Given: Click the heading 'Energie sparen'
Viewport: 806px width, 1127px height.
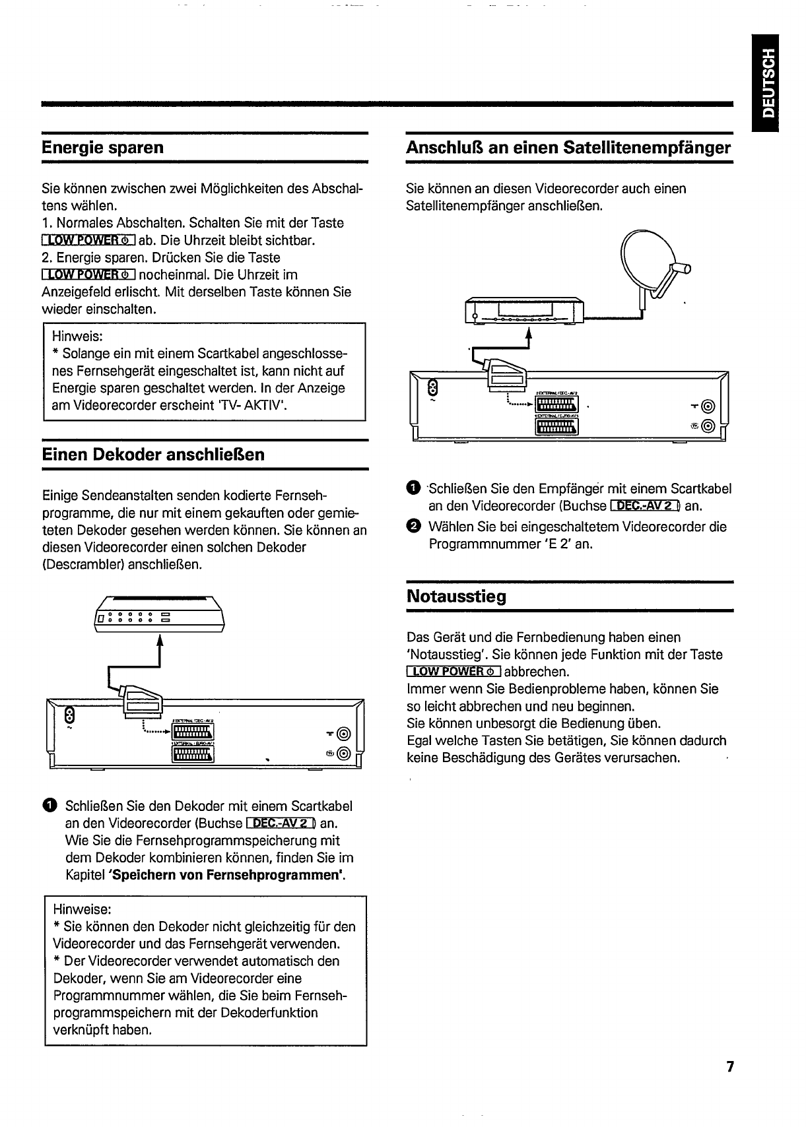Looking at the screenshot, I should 102,147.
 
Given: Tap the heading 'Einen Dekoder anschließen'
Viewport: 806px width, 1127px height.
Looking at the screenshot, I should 153,455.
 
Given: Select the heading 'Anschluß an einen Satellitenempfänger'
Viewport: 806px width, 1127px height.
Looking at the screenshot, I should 568,147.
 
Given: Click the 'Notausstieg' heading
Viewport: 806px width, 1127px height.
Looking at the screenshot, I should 456,596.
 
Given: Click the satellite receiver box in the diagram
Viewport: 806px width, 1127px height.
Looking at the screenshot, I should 525,311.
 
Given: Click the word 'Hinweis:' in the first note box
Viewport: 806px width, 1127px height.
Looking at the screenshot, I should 75,337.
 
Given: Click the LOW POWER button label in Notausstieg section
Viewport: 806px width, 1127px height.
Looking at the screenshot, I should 454,672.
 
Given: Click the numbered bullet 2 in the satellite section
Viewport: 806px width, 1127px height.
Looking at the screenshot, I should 413,527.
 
